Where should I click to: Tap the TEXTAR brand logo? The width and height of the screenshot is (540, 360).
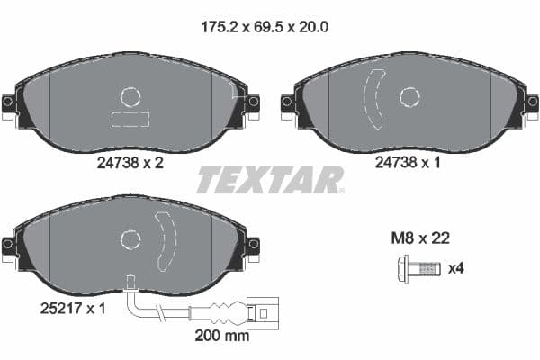coord(270,179)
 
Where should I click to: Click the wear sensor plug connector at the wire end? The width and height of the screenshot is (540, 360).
coord(261,314)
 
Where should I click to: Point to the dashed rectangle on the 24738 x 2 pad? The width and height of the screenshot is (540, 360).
coord(131,120)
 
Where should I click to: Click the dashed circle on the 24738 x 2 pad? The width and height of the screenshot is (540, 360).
coord(131,96)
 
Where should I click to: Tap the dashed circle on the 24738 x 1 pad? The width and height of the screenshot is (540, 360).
coord(410,97)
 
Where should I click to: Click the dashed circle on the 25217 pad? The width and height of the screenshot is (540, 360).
coord(131,238)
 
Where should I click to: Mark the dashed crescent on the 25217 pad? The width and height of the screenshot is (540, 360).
coord(166,240)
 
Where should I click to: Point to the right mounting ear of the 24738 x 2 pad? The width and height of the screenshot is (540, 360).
coord(252,103)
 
